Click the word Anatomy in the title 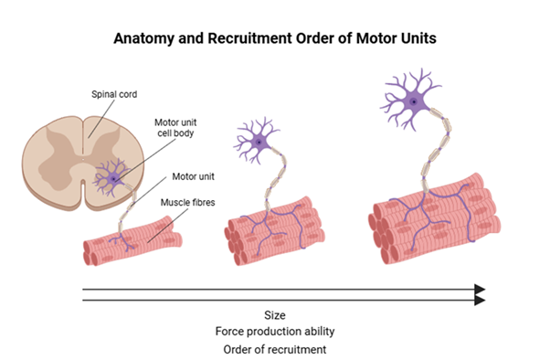coord(143,38)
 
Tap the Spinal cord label coord(114,94)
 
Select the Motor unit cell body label coord(175,128)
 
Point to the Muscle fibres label coord(187,203)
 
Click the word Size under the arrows coord(275,315)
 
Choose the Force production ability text coord(275,332)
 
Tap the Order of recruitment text coord(275,349)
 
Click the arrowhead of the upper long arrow coord(480,290)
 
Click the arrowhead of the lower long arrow coord(480,301)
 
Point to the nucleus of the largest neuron coord(414,102)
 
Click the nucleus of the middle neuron coord(259,143)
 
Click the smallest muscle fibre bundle coord(132,241)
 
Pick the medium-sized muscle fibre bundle coord(274,231)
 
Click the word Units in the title coord(419,37)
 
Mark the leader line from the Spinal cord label coord(101,119)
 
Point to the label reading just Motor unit coord(193,176)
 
